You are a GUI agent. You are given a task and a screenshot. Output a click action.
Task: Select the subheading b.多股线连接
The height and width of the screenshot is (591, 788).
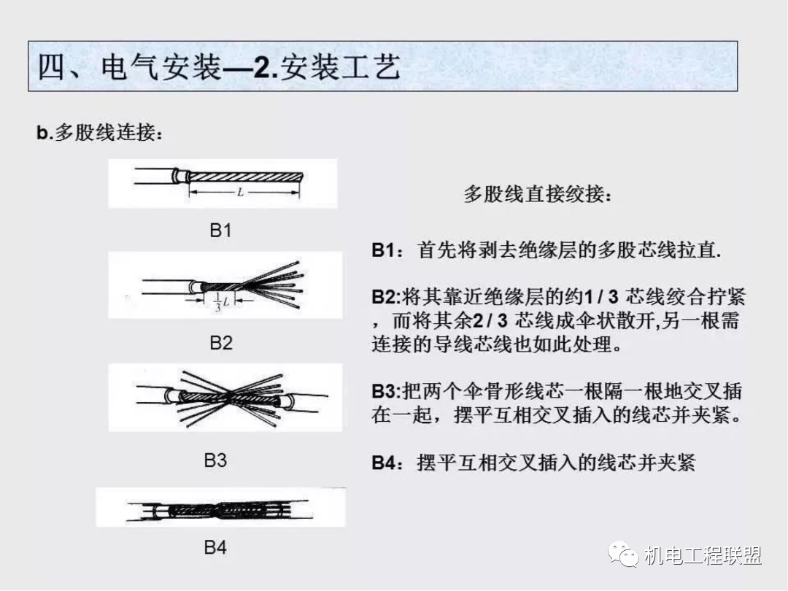click(x=99, y=134)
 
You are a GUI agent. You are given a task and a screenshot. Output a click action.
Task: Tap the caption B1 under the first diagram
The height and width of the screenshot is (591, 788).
click(x=220, y=231)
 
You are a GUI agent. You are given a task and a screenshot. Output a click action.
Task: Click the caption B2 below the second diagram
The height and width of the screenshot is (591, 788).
click(x=221, y=342)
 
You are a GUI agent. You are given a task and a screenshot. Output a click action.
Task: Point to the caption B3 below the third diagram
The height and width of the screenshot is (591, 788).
click(x=215, y=460)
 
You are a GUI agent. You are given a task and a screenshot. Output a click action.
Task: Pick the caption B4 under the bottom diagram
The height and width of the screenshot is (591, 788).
click(x=215, y=547)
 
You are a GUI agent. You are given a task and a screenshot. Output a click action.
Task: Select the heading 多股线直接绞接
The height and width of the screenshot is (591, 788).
click(x=538, y=195)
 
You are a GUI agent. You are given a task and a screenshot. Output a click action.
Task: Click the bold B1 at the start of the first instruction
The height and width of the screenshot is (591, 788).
click(x=384, y=250)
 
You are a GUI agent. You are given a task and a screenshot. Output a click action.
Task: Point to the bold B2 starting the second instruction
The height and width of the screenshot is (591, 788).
click(x=384, y=298)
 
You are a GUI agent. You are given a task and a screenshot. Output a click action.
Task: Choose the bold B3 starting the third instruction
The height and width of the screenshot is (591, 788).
click(x=384, y=391)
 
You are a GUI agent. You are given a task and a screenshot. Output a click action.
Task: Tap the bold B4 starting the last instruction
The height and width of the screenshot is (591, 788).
click(x=384, y=463)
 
